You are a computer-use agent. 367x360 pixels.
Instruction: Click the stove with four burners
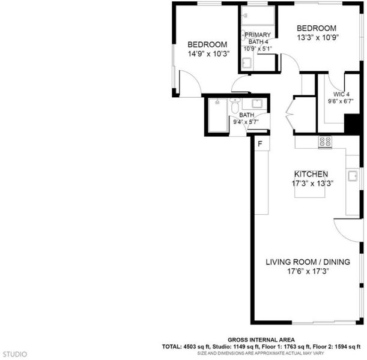(325, 142)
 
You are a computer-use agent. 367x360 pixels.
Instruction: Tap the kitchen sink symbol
(353, 176)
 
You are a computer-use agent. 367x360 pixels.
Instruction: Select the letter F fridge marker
(260, 144)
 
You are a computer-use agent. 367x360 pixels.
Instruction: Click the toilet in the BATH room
(235, 106)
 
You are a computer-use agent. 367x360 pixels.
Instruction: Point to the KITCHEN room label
(311, 174)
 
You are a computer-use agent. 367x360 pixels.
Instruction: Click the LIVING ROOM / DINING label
(308, 262)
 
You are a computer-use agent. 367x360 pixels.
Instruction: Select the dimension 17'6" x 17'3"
(308, 271)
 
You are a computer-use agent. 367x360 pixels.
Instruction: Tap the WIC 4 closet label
(341, 94)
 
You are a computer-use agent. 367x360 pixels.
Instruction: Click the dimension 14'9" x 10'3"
(208, 54)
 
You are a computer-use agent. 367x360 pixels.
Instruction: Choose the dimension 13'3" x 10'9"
(318, 38)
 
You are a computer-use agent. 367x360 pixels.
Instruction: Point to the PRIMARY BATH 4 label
(258, 38)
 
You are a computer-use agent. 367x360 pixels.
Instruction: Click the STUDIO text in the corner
(15, 354)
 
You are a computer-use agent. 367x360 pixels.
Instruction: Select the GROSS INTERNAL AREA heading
(261, 340)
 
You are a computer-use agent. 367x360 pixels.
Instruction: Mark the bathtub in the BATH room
(218, 115)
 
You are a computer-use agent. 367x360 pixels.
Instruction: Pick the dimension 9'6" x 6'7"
(341, 101)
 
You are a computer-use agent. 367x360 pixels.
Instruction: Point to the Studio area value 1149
(237, 347)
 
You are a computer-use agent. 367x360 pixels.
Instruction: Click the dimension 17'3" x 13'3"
(312, 184)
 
